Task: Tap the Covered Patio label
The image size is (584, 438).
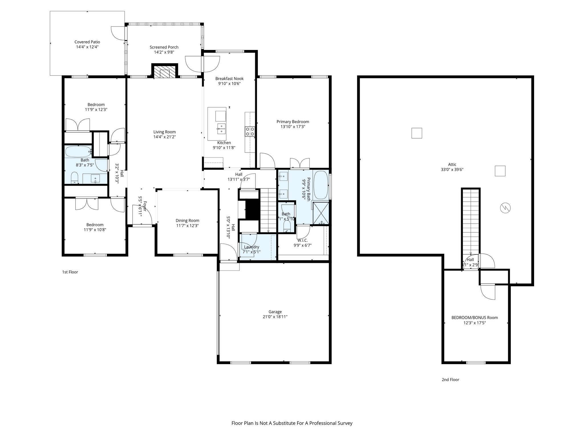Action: tap(87, 42)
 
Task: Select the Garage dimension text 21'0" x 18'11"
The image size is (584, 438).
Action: tap(275, 317)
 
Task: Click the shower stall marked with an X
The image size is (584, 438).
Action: tap(321, 213)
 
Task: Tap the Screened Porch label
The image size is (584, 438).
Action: tap(164, 47)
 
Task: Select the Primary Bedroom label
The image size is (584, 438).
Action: tap(293, 122)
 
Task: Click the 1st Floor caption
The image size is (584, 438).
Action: tap(70, 272)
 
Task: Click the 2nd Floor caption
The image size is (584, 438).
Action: tap(450, 380)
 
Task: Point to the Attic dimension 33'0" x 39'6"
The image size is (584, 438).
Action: tap(452, 169)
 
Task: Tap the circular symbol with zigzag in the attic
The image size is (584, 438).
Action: tap(505, 208)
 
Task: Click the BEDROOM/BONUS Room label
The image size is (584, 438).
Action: tap(474, 318)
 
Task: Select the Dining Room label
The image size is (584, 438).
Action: tap(187, 220)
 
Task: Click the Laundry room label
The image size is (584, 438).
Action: tap(252, 247)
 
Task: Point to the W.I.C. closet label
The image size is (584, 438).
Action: tap(301, 240)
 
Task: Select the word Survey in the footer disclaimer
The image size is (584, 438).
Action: tap(345, 423)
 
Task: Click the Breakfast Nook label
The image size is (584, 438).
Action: tap(229, 79)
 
